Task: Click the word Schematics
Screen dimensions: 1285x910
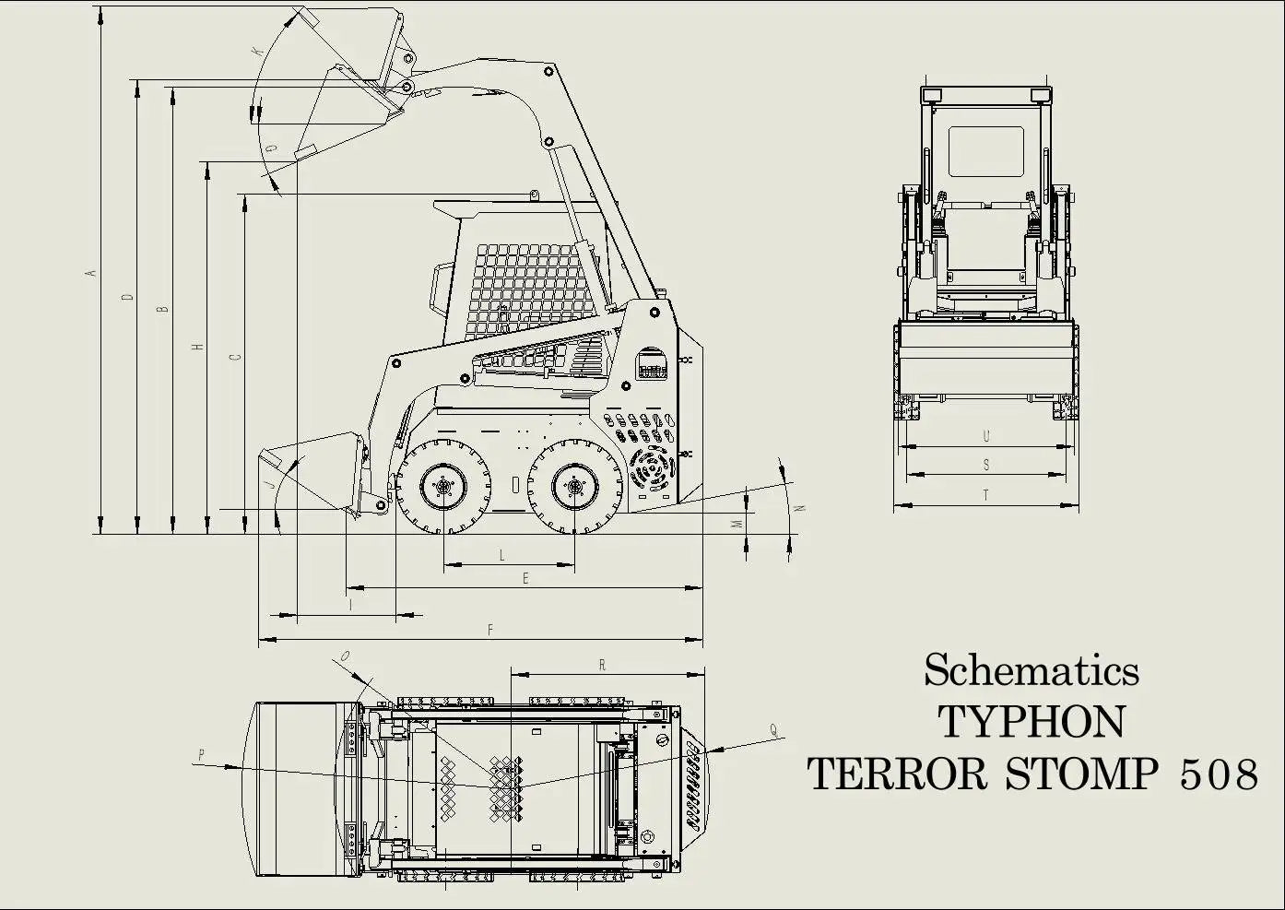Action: tap(1031, 670)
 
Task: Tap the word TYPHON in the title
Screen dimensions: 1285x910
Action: tap(1031, 722)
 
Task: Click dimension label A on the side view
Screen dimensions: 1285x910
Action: tap(90, 274)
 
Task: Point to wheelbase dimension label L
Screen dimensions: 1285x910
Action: tap(502, 555)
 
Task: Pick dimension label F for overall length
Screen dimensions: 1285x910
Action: tap(490, 630)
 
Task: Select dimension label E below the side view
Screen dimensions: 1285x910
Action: tap(525, 579)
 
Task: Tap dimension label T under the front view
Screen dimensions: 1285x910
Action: tap(985, 494)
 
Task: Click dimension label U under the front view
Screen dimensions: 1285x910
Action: tap(986, 436)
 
